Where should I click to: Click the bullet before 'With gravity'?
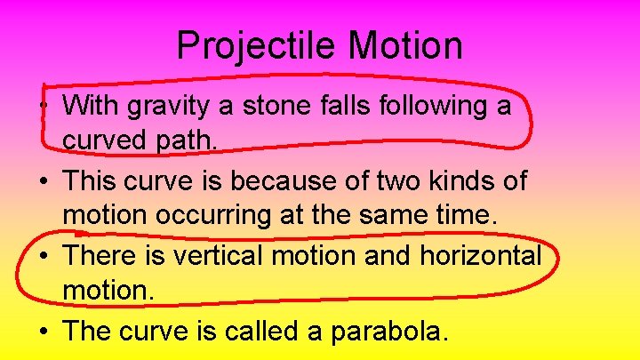click(44, 108)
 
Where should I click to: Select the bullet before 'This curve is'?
click(44, 182)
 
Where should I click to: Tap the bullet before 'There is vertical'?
click(44, 257)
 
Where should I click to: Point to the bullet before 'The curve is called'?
click(44, 332)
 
